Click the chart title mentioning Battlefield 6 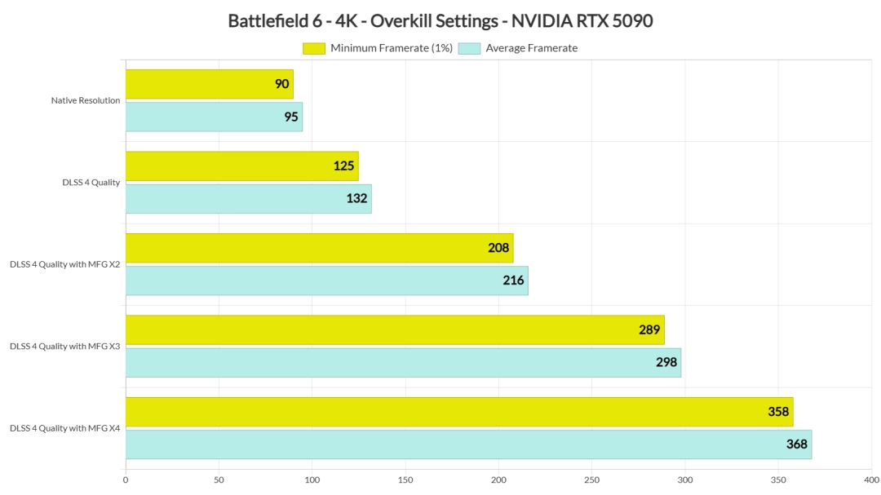440,21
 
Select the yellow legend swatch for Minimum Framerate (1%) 314,48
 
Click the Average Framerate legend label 531,48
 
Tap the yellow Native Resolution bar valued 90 209,84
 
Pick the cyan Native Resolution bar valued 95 214,117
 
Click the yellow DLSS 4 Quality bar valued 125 241,166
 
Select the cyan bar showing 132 248,199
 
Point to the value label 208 499,248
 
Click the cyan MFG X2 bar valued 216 326,281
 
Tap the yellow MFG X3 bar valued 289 395,330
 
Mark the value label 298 666,362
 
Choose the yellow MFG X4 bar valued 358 459,412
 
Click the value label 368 797,444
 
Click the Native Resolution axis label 86,100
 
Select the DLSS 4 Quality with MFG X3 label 65,347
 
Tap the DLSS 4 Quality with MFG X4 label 65,428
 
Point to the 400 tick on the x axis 872,480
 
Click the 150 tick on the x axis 405,480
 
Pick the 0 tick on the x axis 126,480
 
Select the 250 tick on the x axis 592,480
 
